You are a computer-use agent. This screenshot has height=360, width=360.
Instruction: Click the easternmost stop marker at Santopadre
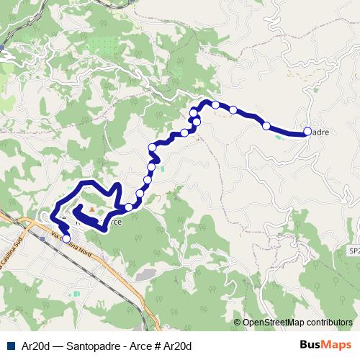(307, 131)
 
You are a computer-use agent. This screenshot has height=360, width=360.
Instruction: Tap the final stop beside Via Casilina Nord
(66, 238)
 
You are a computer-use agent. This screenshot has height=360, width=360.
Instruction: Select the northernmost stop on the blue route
(215, 105)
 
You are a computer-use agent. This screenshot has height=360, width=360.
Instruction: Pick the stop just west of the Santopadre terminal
(266, 126)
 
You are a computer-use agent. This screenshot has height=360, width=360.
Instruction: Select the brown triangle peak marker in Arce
(91, 210)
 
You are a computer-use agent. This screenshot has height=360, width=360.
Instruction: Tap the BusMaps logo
(326, 346)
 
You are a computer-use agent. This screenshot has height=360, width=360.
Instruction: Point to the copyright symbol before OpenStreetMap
(238, 323)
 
